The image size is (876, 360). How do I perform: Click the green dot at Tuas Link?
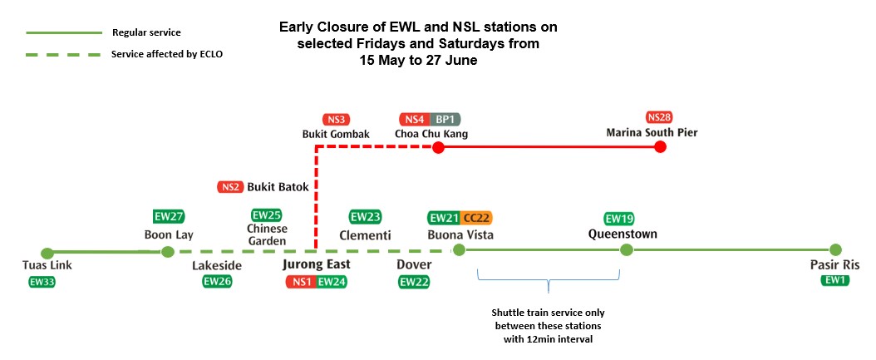(47, 253)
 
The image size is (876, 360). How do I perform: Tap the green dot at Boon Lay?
(167, 252)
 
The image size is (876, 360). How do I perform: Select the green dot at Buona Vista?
(458, 250)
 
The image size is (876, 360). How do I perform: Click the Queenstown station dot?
(627, 250)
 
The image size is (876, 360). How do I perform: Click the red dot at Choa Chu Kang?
(438, 147)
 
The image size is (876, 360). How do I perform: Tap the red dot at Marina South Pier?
(660, 147)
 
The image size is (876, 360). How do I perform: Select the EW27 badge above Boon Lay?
(169, 217)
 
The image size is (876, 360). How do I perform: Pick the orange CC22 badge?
(477, 218)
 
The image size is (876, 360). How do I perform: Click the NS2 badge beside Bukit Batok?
(230, 187)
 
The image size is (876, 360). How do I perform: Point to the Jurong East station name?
(316, 264)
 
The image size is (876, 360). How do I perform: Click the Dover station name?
(415, 265)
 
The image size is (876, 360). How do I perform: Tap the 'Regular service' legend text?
(145, 32)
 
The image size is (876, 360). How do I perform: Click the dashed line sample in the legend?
(62, 54)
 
